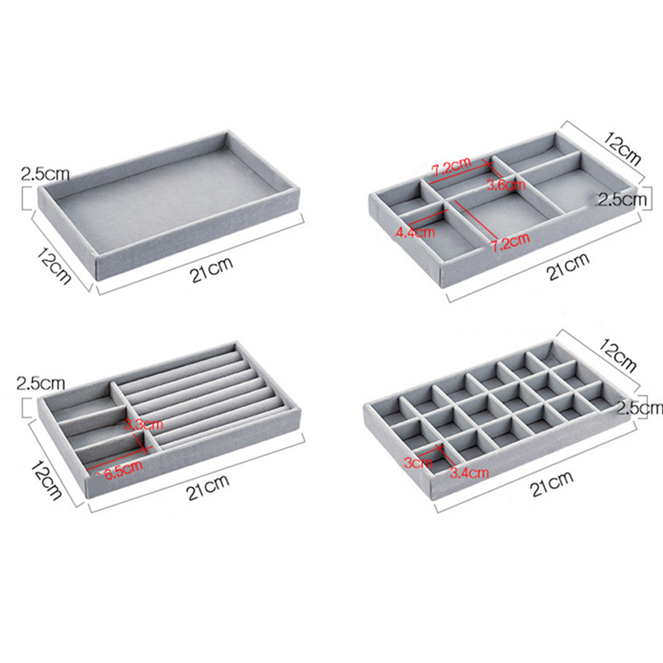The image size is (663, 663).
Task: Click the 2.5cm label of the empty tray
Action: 45,173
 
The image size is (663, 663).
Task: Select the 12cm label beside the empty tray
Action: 54,265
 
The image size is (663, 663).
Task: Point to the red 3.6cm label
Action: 506,185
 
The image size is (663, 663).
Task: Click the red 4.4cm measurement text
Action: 415,232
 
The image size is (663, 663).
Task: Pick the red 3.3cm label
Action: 144,424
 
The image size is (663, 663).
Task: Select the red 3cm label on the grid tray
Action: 418,462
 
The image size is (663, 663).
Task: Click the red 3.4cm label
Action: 469,472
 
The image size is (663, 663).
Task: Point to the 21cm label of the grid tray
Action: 552,484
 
